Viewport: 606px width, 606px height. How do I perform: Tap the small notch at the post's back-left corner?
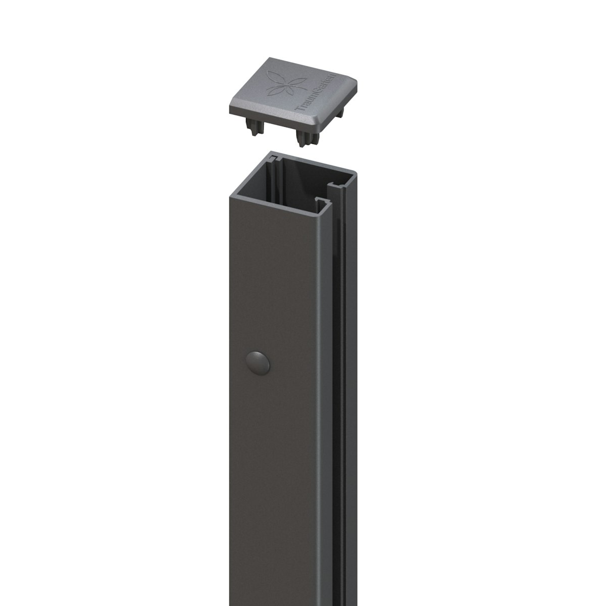(272, 160)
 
